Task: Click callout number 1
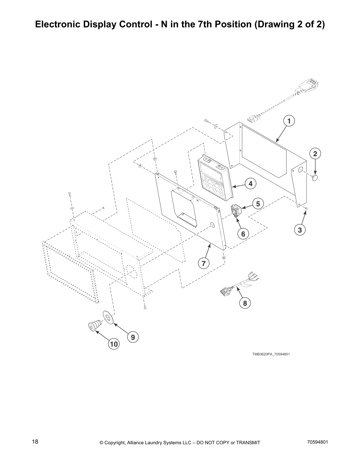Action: [x=289, y=121]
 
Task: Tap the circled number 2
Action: [x=315, y=154]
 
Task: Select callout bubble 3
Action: [x=300, y=230]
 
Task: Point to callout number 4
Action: [x=250, y=184]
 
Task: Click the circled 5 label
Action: [x=258, y=204]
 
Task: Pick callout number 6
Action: [x=243, y=234]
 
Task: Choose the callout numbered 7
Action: [x=204, y=263]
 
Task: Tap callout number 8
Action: [x=245, y=303]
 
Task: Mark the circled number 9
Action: [x=133, y=337]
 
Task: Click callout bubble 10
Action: [x=114, y=344]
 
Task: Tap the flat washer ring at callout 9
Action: [x=108, y=317]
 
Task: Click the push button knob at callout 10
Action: [x=94, y=326]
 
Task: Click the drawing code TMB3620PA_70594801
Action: [x=271, y=354]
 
